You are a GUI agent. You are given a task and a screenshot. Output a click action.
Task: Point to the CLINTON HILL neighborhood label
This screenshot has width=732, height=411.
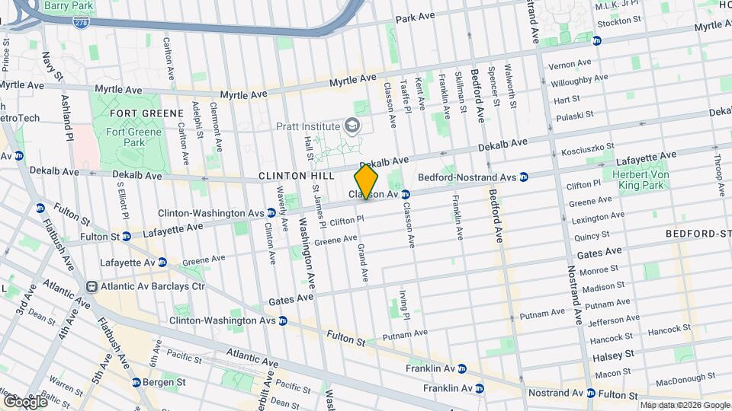[297, 175]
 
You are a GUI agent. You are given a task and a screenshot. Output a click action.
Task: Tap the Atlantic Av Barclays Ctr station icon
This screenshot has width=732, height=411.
[91, 287]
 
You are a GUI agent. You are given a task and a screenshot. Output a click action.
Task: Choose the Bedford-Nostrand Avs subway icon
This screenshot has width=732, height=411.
[524, 177]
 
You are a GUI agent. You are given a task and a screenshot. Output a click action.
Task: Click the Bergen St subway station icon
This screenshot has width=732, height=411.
[136, 382]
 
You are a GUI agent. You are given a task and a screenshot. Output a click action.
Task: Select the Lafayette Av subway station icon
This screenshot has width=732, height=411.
[162, 262]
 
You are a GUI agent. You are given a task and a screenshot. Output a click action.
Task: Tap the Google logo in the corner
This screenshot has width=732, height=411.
[24, 400]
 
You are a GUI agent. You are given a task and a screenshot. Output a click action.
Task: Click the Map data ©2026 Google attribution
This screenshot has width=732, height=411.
[685, 405]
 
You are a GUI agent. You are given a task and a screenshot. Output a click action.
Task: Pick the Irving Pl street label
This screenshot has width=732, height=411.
[405, 304]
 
